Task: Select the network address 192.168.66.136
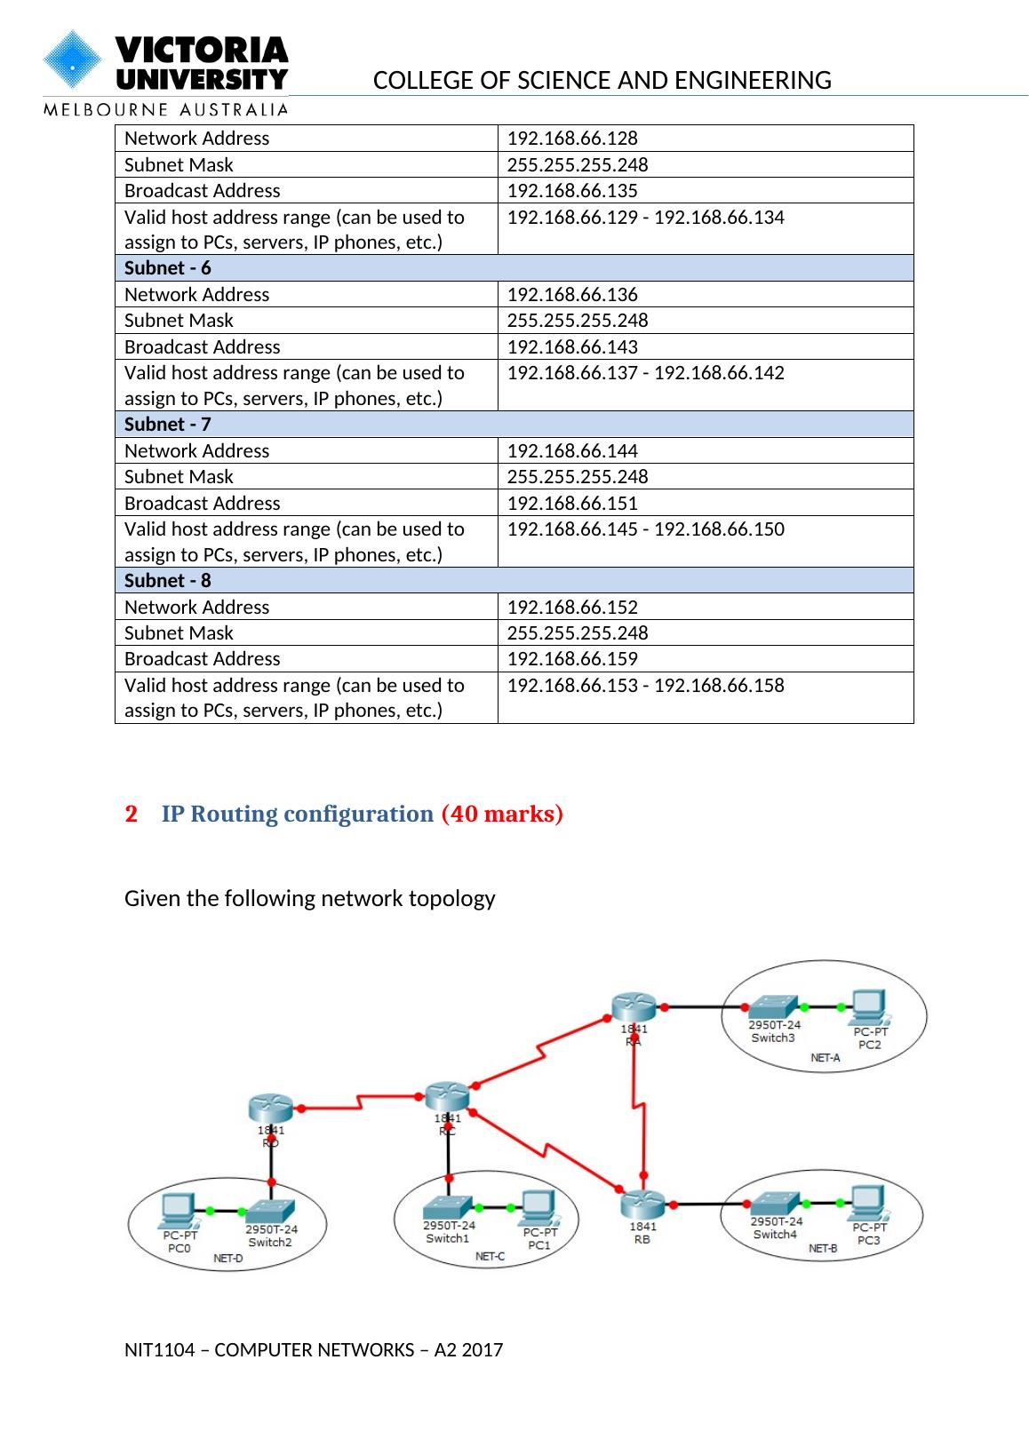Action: (x=572, y=295)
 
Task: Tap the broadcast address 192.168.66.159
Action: (x=572, y=659)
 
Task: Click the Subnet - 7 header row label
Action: (x=168, y=425)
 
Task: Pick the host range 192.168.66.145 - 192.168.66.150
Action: (x=645, y=529)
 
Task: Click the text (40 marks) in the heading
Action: (x=502, y=815)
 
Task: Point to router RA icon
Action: (x=634, y=1007)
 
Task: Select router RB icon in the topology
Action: (x=642, y=1205)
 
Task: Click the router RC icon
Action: (x=446, y=1097)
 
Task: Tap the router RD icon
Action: (x=270, y=1109)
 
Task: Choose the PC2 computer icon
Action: (x=869, y=1007)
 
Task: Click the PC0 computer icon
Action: (x=178, y=1210)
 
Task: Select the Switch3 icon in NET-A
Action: (x=773, y=1007)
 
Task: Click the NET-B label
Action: (x=823, y=1249)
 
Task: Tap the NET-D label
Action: (x=228, y=1259)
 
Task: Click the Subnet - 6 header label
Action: (x=168, y=268)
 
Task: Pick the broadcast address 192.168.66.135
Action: (x=572, y=191)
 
